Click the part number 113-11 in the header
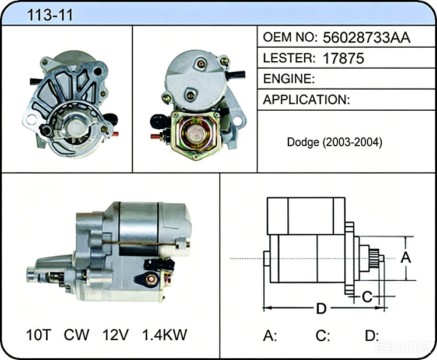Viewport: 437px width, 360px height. (50, 15)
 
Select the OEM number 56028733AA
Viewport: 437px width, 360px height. (366, 38)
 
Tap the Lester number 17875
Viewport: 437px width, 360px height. (343, 58)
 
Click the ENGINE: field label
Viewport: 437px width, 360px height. (289, 79)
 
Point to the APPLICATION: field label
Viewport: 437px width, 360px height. (306, 100)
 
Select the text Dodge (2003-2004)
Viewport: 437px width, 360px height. (334, 142)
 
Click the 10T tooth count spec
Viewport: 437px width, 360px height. (38, 334)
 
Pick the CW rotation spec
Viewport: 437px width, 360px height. (77, 334)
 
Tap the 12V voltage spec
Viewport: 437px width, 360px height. (115, 334)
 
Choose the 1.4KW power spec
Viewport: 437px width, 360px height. (164, 334)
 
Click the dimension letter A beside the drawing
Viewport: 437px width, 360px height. (406, 257)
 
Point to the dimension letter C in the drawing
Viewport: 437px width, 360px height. (367, 297)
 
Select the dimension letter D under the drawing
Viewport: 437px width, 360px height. (321, 309)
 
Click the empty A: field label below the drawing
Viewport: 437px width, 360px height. (270, 336)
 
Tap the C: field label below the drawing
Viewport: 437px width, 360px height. (323, 336)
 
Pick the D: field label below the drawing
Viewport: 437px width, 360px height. (372, 336)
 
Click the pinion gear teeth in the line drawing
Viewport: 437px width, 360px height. (373, 258)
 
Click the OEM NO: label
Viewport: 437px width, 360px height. (290, 37)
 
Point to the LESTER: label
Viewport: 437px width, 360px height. (289, 58)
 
